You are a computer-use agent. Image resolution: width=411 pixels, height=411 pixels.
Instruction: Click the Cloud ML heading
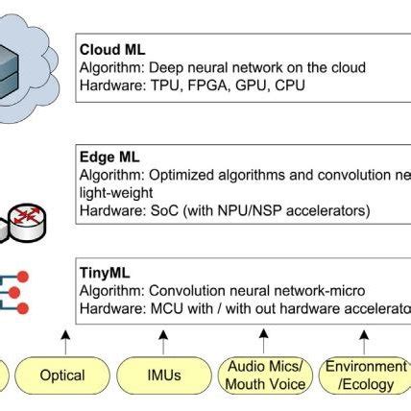coord(112,49)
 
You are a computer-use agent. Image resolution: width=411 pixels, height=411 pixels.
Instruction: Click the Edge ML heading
coord(109,153)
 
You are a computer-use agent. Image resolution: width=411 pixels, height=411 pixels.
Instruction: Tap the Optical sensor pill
coord(62,375)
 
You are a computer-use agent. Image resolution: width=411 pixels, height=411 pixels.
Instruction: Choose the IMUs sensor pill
coord(163,375)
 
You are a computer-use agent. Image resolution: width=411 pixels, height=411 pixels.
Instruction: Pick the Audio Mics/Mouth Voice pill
coord(265,375)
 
